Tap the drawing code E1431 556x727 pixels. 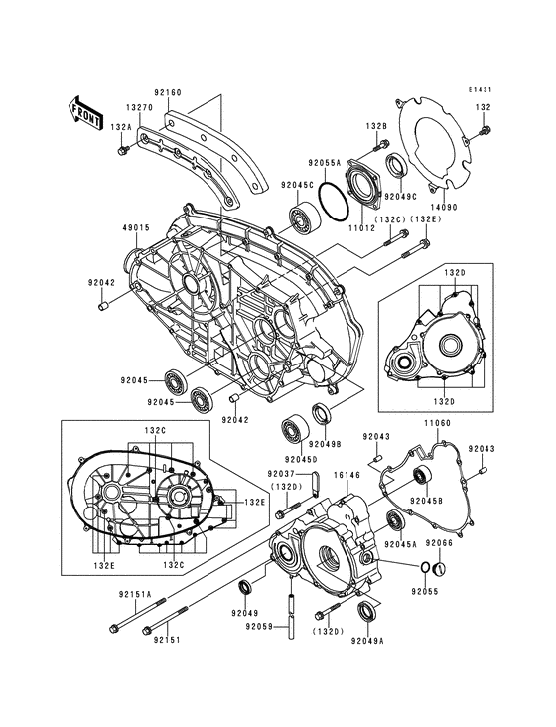pyautogui.click(x=481, y=90)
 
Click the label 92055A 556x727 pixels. pyautogui.click(x=324, y=161)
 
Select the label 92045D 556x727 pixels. pyautogui.click(x=301, y=458)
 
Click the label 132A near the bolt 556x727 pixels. pyautogui.click(x=121, y=127)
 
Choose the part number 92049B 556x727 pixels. pyautogui.click(x=325, y=444)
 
